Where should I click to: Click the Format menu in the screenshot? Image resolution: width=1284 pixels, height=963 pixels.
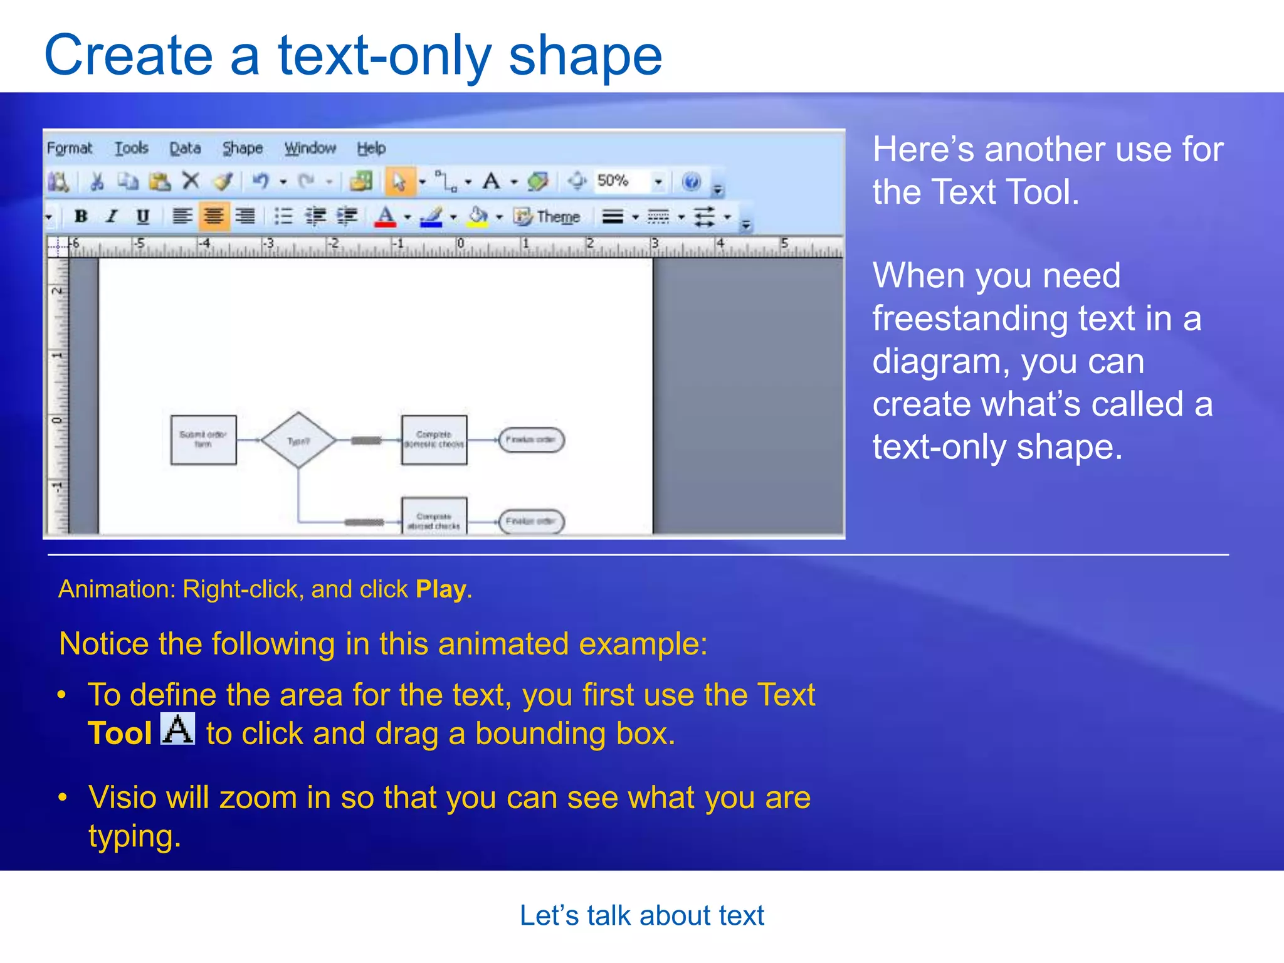70,149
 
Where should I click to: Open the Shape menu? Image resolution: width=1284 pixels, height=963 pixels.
243,149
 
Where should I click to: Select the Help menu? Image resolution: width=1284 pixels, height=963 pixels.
371,149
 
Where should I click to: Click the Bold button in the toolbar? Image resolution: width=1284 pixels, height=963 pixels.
81,216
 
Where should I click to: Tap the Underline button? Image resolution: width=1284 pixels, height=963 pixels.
143,216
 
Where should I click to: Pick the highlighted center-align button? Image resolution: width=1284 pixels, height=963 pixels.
214,216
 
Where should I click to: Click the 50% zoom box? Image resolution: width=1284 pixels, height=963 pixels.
620,181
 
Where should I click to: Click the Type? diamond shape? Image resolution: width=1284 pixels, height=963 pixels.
298,440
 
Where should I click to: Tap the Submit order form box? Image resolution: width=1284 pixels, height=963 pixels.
203,439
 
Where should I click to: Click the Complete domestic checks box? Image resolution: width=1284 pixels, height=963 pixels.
434,439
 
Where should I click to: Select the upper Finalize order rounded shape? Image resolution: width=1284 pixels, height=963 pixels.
531,439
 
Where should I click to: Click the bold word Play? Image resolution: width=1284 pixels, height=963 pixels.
441,589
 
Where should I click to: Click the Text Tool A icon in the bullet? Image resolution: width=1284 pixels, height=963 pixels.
178,729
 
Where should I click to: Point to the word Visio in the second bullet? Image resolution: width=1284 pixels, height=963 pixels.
122,798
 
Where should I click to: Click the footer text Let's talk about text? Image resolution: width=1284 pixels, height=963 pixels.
641,915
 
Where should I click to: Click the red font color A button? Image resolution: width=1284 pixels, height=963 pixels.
385,217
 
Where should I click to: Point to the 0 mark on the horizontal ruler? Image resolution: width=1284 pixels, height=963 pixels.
460,244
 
